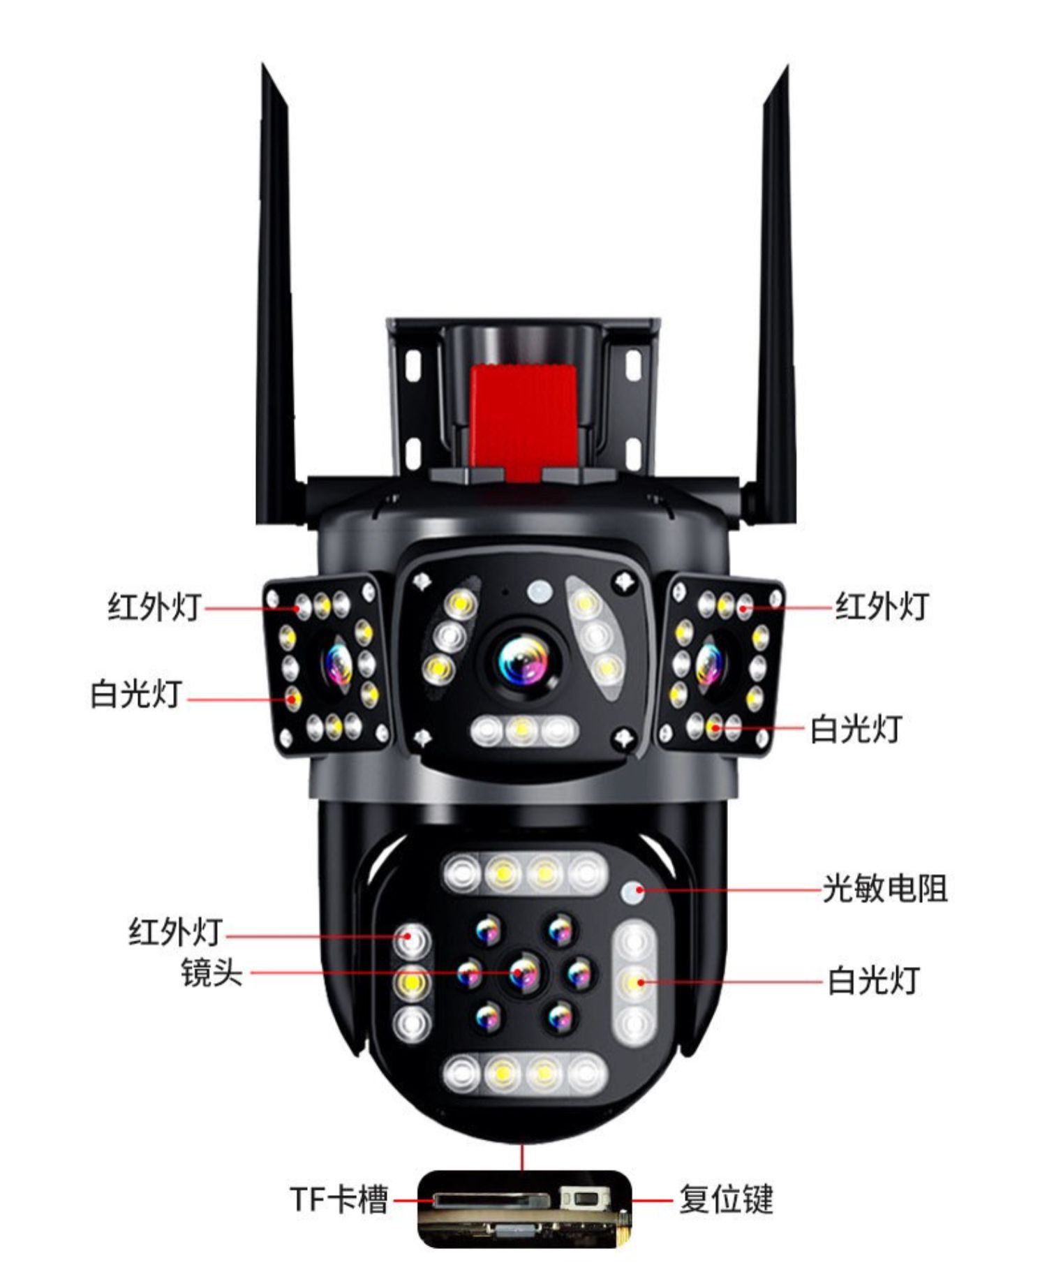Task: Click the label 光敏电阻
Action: coord(884,889)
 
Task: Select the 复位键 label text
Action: coord(726,1199)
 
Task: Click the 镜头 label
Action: coord(211,973)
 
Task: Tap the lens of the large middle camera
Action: coord(523,660)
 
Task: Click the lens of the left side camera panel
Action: coord(337,664)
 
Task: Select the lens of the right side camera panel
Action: coord(710,663)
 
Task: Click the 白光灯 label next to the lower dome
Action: coord(873,981)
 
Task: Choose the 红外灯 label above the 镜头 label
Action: coord(175,933)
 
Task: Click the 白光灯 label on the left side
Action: coord(136,695)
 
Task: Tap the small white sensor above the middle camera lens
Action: coord(539,592)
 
